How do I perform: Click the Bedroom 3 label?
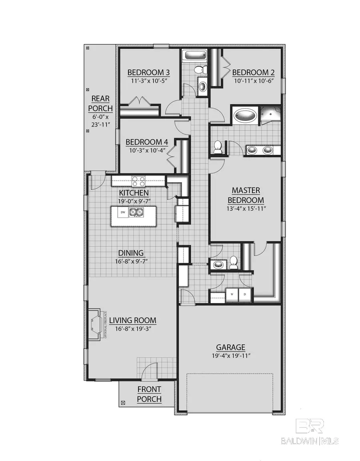pyautogui.click(x=148, y=72)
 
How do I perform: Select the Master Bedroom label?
pyautogui.click(x=246, y=195)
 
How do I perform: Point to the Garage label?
pyautogui.click(x=230, y=347)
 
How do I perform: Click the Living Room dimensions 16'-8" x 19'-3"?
pyautogui.click(x=132, y=329)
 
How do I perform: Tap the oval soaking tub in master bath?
pyautogui.click(x=245, y=115)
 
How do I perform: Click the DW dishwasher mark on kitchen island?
pyautogui.click(x=123, y=212)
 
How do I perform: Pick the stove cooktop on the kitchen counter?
pyautogui.click(x=138, y=181)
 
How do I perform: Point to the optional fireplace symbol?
pyautogui.click(x=96, y=324)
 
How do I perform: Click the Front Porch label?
pyautogui.click(x=149, y=394)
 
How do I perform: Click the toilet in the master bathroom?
pyautogui.click(x=218, y=147)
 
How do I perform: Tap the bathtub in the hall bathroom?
pyautogui.click(x=194, y=55)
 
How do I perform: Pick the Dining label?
pyautogui.click(x=131, y=253)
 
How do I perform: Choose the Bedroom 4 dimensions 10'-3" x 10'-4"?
pyautogui.click(x=144, y=151)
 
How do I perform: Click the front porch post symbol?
pyautogui.click(x=123, y=402)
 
